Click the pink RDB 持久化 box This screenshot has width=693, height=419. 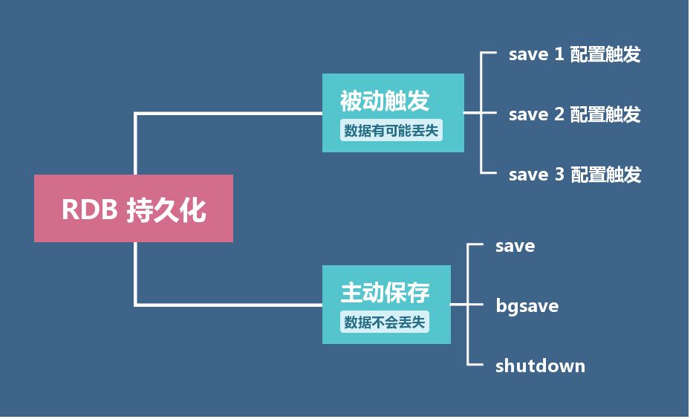[134, 209]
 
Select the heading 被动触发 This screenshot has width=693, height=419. [385, 101]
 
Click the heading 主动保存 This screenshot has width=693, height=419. [385, 293]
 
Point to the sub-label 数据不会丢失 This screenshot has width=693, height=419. [386, 323]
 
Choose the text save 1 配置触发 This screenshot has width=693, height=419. [574, 54]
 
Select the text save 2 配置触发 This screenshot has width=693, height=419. [574, 114]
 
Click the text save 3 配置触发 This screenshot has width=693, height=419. [574, 175]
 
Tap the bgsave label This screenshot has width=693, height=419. [527, 306]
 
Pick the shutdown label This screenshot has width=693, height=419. [540, 366]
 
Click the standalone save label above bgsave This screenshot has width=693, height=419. [515, 246]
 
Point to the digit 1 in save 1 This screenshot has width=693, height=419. [559, 54]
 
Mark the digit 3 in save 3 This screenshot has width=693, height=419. [559, 175]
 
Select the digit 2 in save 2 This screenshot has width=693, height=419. [559, 114]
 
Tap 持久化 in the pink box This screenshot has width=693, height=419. [166, 210]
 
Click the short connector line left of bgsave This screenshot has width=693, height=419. [460, 305]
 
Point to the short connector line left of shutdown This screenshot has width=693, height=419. [476, 365]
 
